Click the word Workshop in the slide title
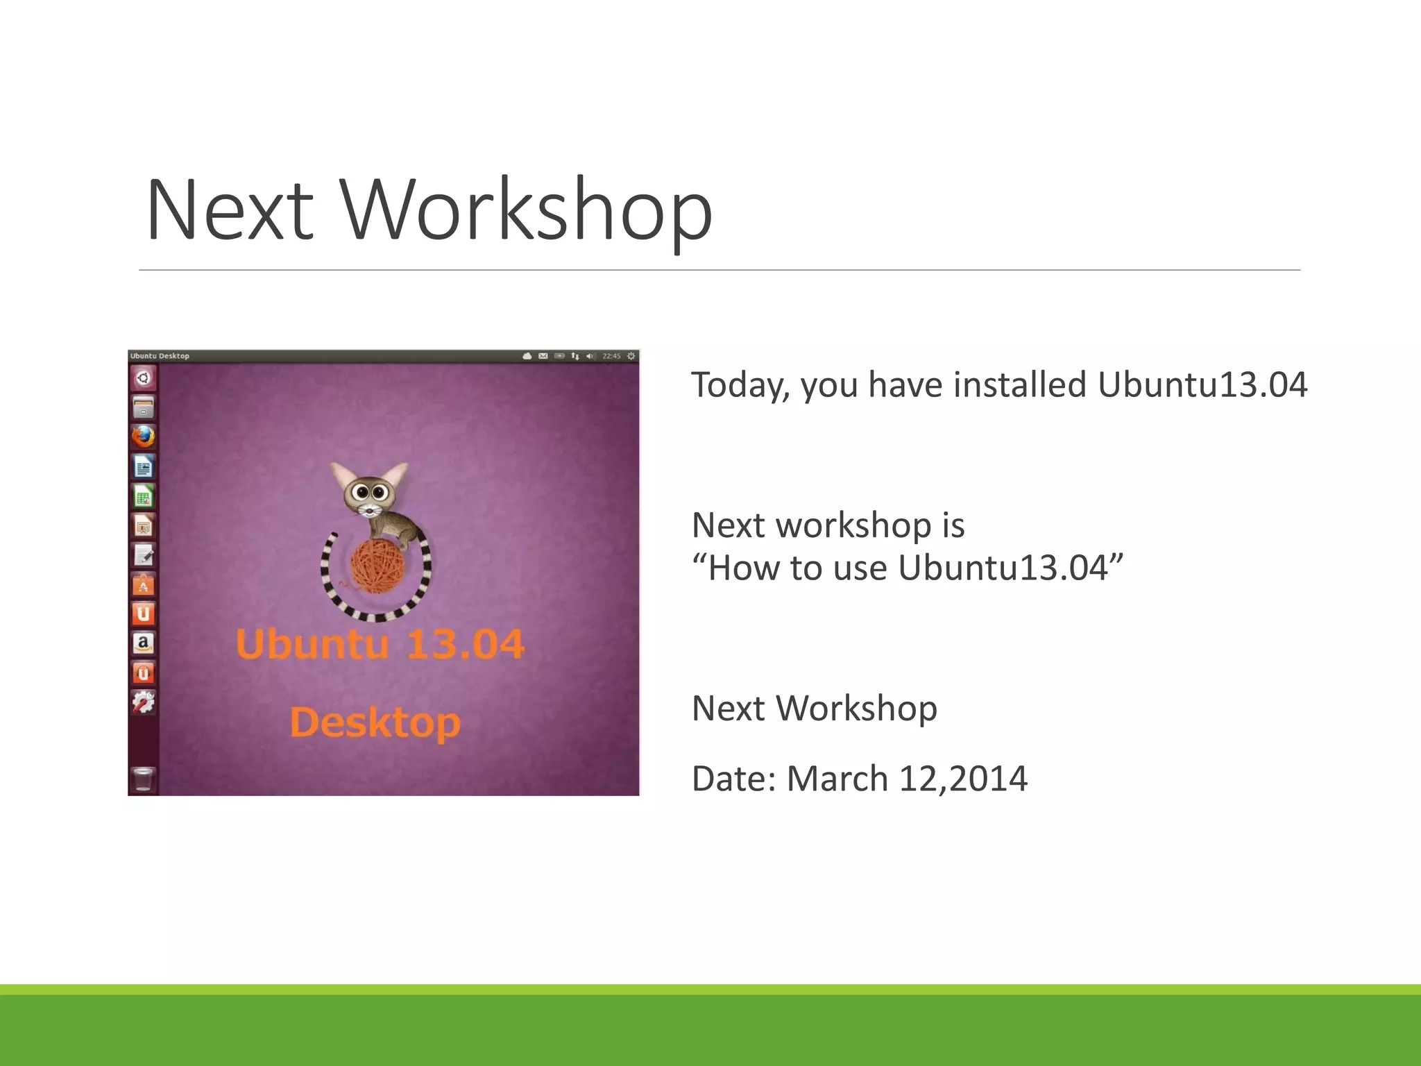pos(527,210)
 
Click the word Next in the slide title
pos(229,210)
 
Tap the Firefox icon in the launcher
pos(143,437)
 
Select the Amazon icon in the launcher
pos(143,643)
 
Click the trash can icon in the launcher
pos(143,779)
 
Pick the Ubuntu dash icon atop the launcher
pos(143,378)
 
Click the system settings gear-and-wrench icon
pos(143,702)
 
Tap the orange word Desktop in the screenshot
pos(375,722)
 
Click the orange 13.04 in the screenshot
pos(465,644)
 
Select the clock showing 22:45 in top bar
pos(611,356)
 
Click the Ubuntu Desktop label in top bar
pos(160,356)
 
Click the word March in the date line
pos(836,779)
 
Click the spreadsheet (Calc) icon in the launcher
pos(143,496)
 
